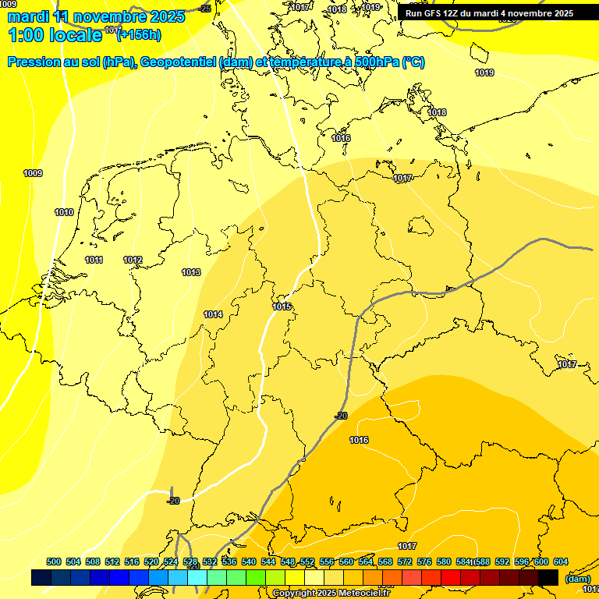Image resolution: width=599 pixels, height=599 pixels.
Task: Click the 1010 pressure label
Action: (x=64, y=213)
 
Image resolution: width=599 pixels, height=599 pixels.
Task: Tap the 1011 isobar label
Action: (x=94, y=260)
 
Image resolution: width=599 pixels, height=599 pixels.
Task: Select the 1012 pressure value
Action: (x=133, y=260)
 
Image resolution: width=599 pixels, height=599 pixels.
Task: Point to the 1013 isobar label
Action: (x=191, y=272)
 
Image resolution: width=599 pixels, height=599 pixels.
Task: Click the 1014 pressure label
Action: (x=213, y=314)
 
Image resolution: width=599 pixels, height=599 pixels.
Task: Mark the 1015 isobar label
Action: (x=282, y=307)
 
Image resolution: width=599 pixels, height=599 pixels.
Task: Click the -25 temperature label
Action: (x=205, y=9)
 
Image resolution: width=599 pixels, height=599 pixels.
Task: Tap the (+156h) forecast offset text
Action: (x=138, y=34)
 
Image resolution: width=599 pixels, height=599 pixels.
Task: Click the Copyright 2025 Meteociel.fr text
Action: (x=331, y=594)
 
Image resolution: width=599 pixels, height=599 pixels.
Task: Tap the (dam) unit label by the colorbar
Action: (x=576, y=579)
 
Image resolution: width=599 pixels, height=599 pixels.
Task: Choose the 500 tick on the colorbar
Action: (x=54, y=562)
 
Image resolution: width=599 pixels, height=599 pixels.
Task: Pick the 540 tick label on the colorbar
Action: (x=249, y=562)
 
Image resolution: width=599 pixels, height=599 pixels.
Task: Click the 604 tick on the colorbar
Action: (x=561, y=562)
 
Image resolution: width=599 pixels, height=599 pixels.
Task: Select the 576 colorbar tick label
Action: (x=424, y=562)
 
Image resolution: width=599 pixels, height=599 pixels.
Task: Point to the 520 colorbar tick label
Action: (x=151, y=562)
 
